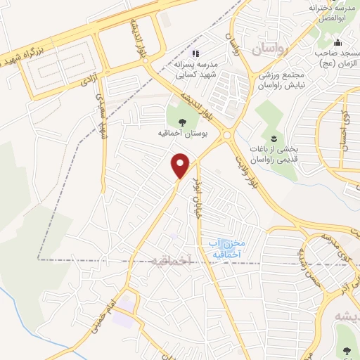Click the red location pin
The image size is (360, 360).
coord(181,165)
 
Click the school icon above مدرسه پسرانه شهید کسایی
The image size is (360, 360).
coord(196,53)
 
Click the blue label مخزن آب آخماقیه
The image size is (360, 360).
coord(226,247)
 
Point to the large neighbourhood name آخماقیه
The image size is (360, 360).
coord(172,260)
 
